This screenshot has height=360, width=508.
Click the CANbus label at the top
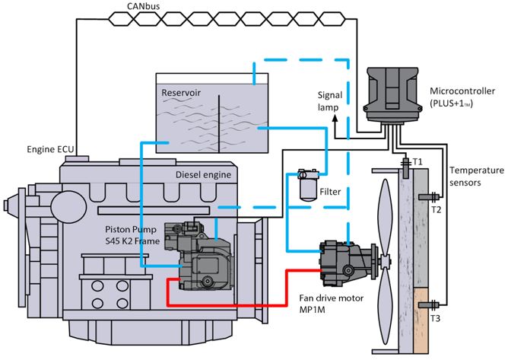[x=144, y=6]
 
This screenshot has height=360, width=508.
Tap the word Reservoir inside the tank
[x=181, y=93]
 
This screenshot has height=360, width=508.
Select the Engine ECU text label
[x=50, y=149]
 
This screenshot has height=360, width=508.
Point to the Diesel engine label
[x=204, y=175]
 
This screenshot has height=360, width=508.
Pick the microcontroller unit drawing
[x=392, y=95]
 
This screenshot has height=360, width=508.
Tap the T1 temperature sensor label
[x=418, y=161]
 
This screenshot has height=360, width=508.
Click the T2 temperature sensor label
[x=436, y=210]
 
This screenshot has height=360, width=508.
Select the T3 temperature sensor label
[x=435, y=318]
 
